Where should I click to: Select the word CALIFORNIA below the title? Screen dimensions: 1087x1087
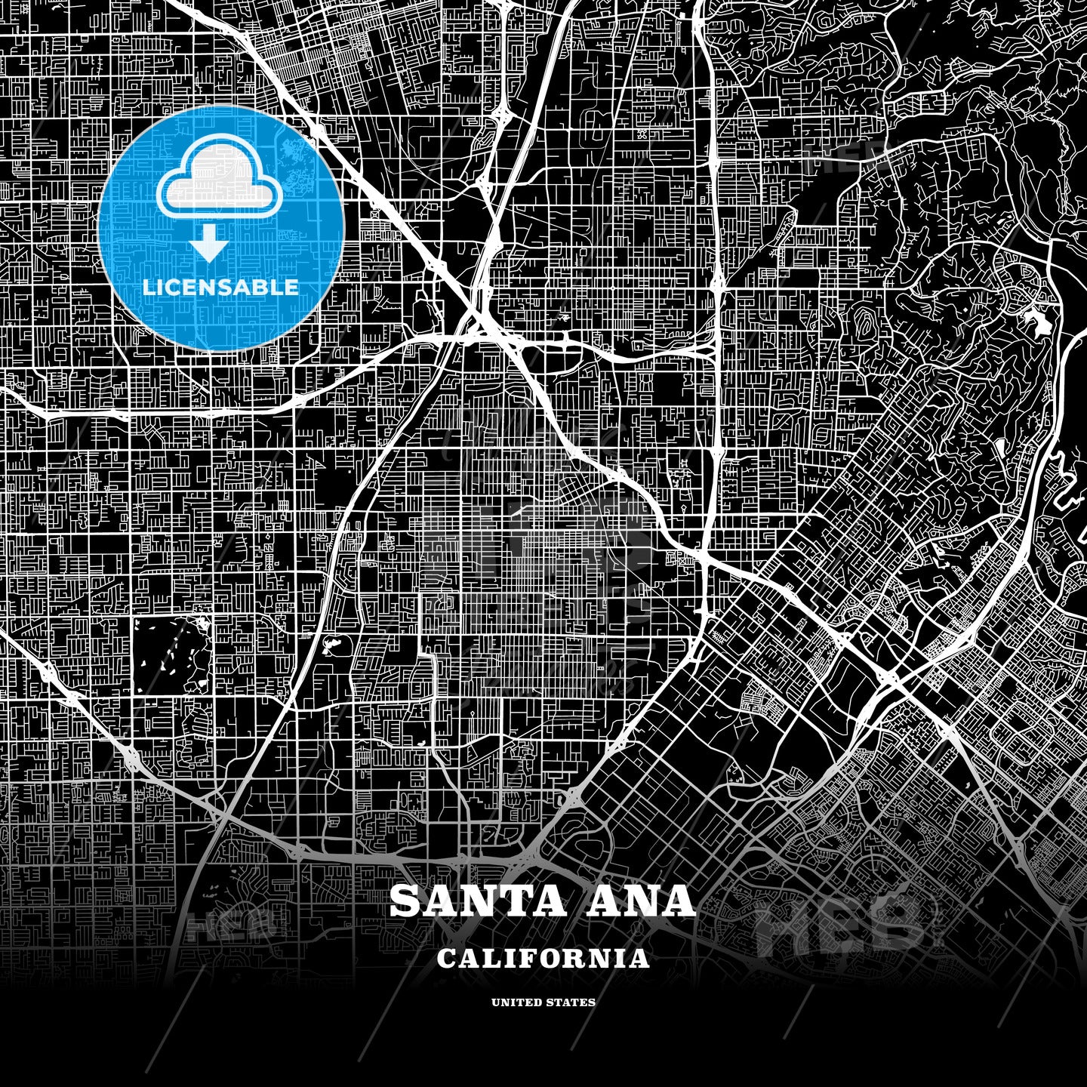pos(543,959)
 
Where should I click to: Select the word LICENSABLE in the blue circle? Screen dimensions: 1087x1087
pos(220,288)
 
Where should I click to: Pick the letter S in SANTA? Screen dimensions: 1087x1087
pos(405,901)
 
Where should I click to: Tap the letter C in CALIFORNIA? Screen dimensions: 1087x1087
pos(445,959)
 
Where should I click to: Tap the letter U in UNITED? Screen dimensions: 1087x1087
pos(495,1002)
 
